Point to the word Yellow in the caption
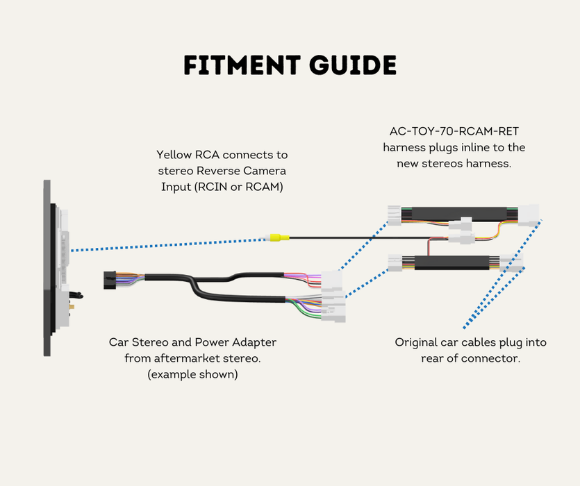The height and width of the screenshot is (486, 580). tap(174, 154)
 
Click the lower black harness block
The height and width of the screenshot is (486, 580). tap(451, 262)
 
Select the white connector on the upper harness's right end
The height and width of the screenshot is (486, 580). tap(532, 214)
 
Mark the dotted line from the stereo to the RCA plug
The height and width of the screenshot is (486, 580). tap(167, 244)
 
